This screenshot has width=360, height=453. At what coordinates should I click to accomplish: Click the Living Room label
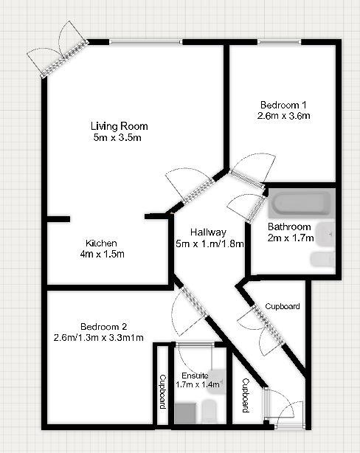point(119,126)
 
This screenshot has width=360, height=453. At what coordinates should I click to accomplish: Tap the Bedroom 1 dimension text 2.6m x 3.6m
point(284,116)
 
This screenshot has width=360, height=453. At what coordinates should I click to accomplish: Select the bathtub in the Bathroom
point(302,202)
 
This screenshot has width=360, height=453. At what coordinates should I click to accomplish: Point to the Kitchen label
point(101,243)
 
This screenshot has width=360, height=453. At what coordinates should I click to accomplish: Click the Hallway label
point(208,232)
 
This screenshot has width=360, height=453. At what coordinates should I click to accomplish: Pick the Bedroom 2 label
point(103,327)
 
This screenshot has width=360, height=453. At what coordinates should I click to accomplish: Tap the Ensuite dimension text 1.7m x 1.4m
point(198,384)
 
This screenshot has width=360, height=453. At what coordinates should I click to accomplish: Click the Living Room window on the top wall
point(146,42)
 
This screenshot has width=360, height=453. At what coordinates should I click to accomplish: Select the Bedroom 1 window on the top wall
point(279,42)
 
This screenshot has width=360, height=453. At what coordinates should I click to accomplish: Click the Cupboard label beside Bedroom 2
point(163,392)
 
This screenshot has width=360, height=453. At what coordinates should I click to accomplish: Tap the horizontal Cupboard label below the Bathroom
point(283,306)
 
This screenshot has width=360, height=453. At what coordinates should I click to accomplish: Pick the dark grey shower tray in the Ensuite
point(185,413)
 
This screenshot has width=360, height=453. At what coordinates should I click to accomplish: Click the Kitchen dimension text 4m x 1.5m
point(102,255)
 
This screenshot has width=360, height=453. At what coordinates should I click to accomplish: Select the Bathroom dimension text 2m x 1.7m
point(291,238)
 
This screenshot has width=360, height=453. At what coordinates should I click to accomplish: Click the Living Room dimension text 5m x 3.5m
point(117,137)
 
